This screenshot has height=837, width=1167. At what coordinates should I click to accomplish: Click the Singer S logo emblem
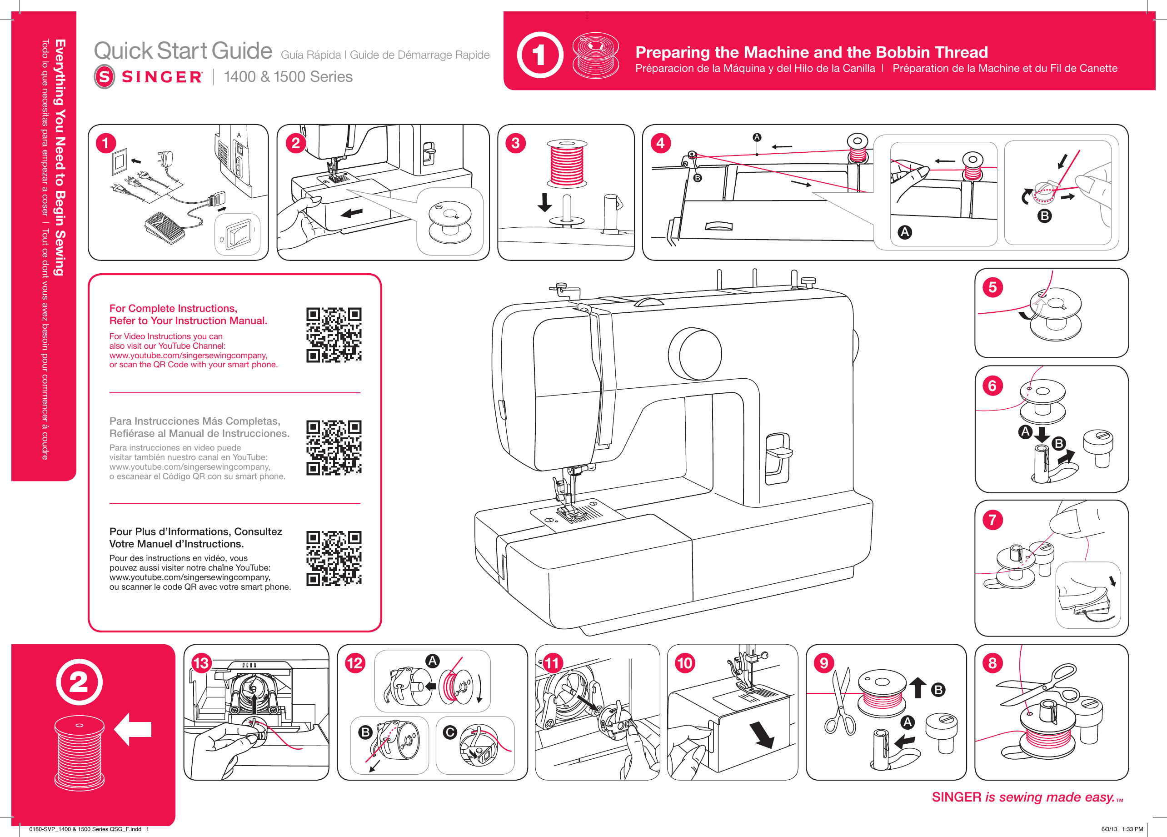[x=105, y=77]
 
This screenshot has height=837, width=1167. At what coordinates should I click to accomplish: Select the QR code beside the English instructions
[x=334, y=335]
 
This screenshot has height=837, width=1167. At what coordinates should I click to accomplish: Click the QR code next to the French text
[x=334, y=558]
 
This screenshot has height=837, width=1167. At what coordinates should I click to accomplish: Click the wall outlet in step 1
[x=120, y=162]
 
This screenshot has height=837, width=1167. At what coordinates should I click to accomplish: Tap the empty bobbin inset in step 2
[x=450, y=221]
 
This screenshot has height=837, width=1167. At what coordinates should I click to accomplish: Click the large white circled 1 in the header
[x=540, y=55]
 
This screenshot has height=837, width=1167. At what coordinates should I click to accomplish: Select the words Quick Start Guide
[x=183, y=51]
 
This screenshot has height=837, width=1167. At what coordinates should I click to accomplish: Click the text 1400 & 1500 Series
[x=288, y=77]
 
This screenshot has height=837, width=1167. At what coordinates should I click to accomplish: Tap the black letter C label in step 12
[x=450, y=732]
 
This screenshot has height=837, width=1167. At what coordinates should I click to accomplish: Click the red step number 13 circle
[x=201, y=663]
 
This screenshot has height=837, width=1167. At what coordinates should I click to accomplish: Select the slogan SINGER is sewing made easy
[x=1023, y=797]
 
